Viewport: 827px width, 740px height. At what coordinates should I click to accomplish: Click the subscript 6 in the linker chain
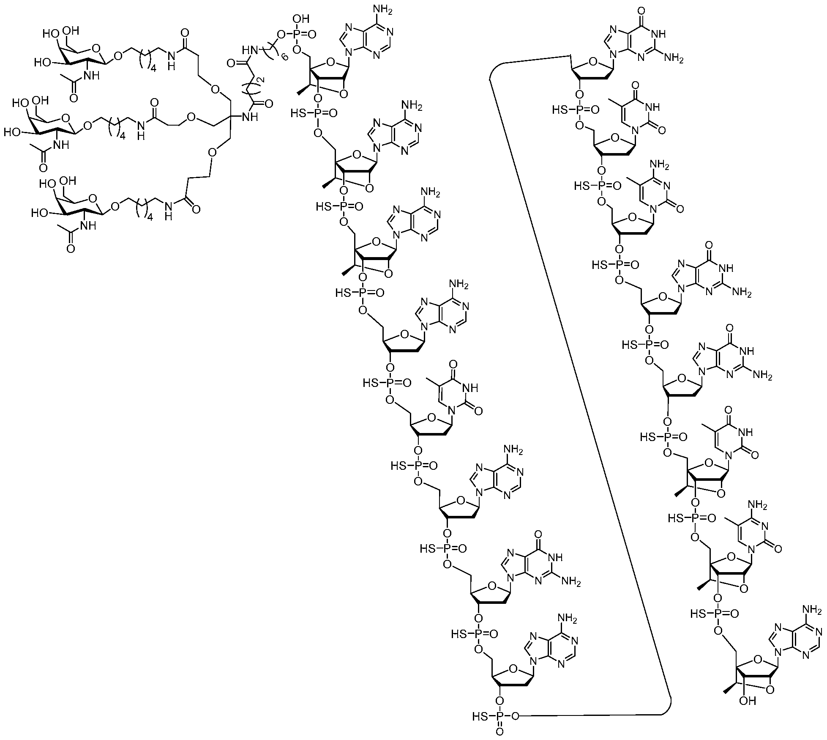point(284,57)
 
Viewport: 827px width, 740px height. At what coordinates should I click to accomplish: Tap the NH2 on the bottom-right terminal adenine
point(815,611)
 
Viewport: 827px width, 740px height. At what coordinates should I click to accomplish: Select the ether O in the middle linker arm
point(191,117)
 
